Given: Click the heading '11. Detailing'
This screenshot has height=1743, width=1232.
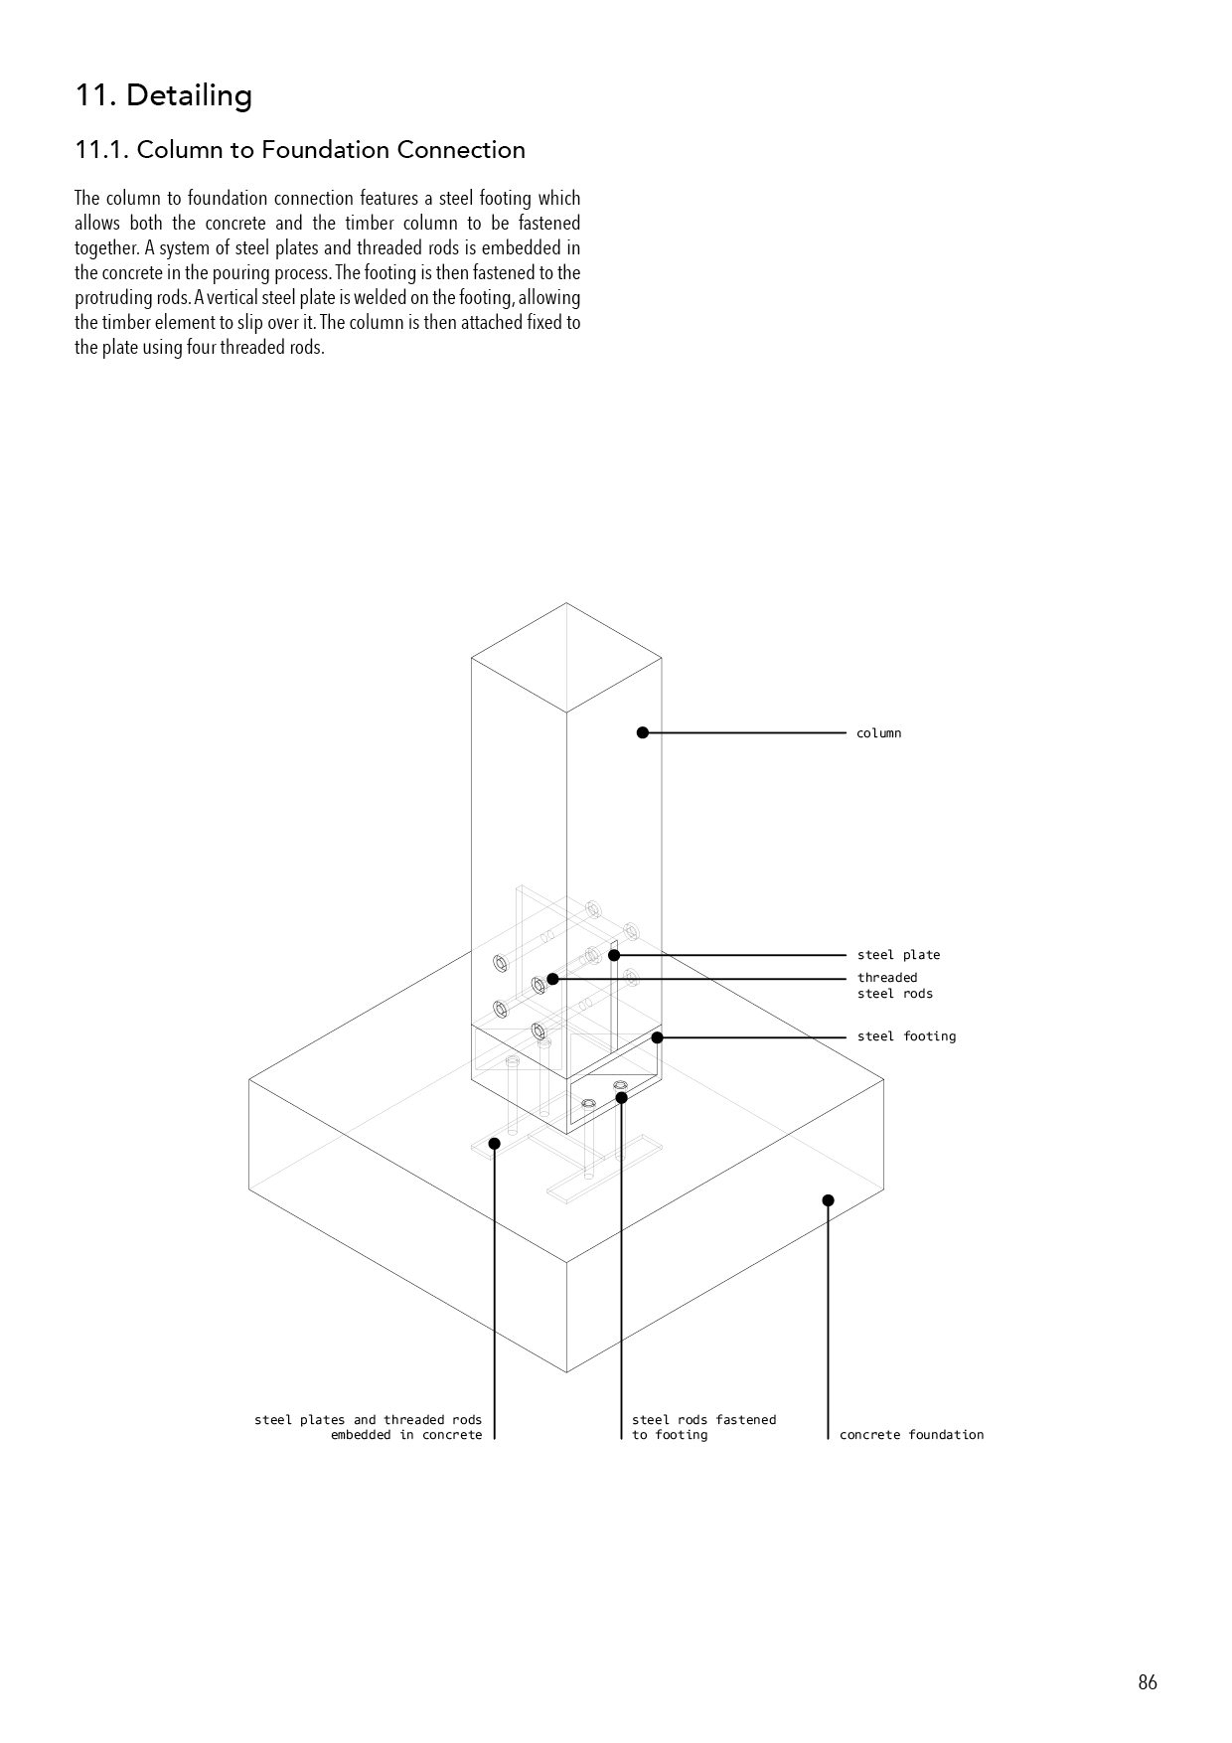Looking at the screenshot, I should tap(164, 95).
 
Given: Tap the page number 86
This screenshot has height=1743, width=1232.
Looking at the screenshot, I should tap(1148, 1682).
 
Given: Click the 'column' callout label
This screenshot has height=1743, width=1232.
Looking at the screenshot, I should tap(878, 733).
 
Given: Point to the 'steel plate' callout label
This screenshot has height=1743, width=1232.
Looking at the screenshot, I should tap(898, 955).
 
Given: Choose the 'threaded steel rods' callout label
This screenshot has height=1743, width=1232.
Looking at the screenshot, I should tap(894, 986).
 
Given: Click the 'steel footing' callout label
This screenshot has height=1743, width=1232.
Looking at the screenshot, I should tap(906, 1036).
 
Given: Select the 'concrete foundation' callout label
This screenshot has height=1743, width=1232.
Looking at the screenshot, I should tap(911, 1435).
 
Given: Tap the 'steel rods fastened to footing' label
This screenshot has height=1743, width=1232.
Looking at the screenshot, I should tap(703, 1427).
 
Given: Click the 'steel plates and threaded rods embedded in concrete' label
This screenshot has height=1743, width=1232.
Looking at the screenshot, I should tap(368, 1427).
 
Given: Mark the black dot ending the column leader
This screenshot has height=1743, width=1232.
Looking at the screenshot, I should tap(643, 733).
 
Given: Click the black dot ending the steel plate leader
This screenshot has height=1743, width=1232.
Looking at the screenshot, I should tap(614, 955).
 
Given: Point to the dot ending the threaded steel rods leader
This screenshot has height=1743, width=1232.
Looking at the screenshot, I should tap(552, 979).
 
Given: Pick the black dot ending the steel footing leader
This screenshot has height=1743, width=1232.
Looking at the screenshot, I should tap(657, 1037).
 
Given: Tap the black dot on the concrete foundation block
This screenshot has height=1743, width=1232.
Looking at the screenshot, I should tap(829, 1200).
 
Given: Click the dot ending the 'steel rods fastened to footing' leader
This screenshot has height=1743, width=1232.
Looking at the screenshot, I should tap(621, 1098).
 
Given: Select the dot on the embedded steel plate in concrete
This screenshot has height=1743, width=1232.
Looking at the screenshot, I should tap(495, 1144).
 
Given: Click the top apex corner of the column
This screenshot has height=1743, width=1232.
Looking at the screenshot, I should tap(566, 603).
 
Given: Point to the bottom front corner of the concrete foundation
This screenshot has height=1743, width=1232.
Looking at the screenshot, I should tap(566, 1372).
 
